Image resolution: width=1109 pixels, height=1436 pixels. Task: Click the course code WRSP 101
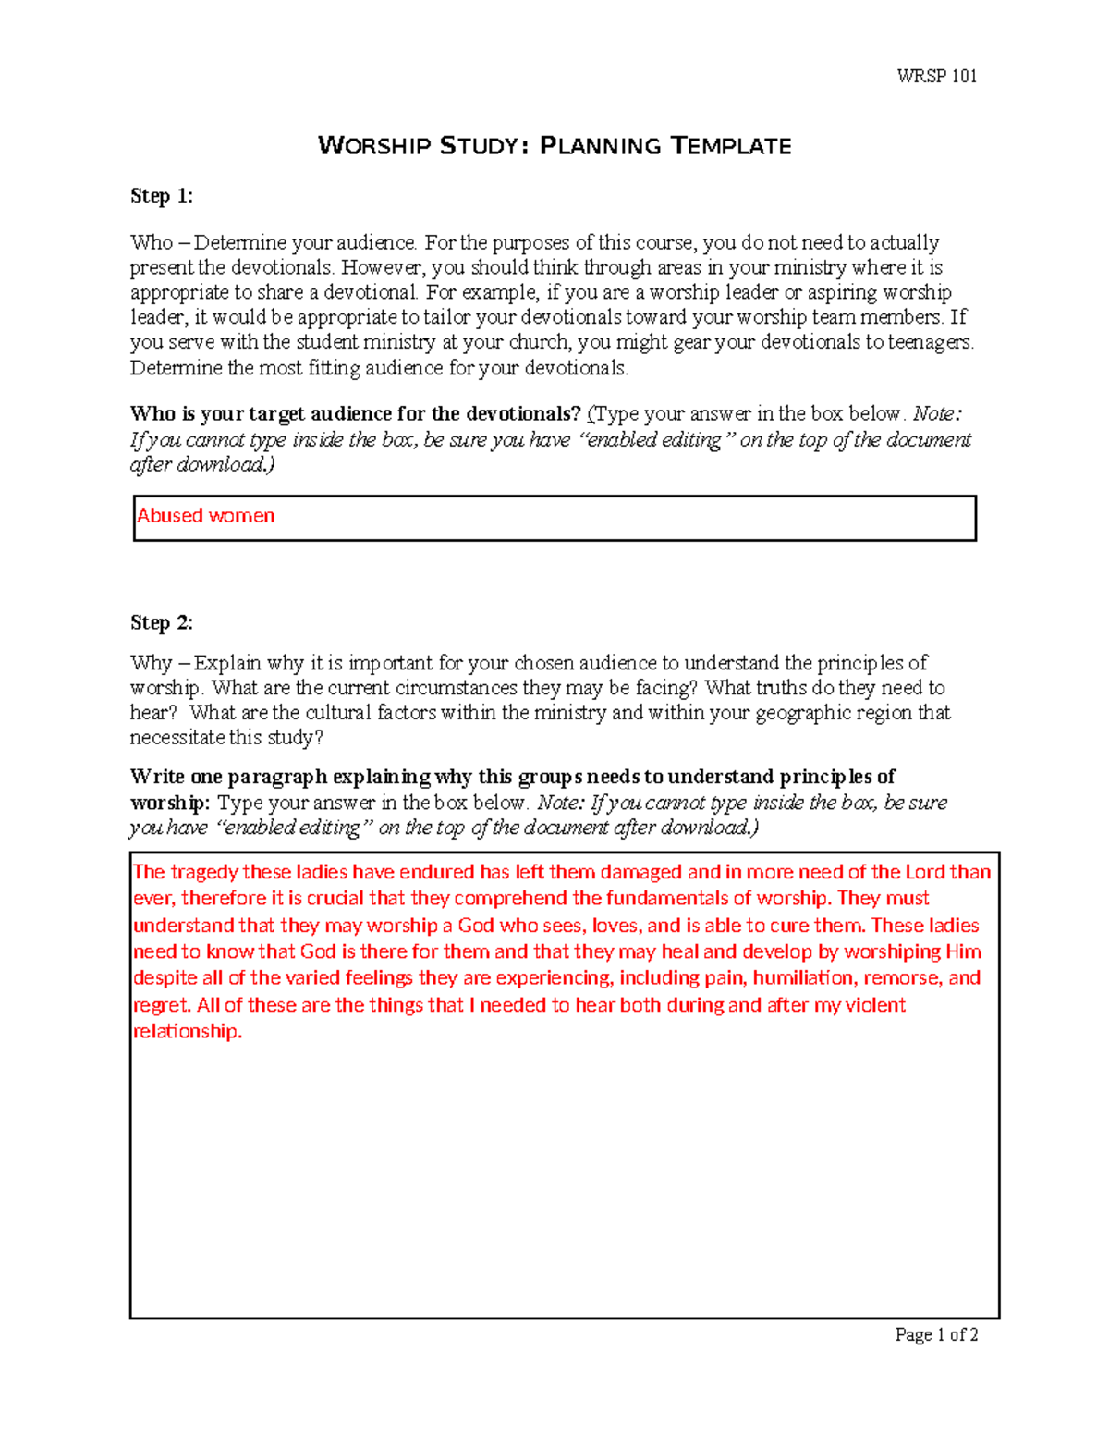[x=936, y=77]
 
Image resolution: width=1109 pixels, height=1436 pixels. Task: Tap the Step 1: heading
[x=162, y=196]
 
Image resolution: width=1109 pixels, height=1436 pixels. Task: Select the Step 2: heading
[x=162, y=622]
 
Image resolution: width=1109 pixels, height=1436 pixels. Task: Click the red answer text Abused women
[x=206, y=516]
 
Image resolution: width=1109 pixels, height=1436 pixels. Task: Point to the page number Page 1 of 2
[x=936, y=1334]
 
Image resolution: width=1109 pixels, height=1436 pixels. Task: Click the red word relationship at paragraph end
[x=187, y=1032]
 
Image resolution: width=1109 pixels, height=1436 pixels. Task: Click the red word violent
[x=873, y=1005]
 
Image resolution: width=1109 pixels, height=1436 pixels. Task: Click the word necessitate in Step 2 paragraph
[x=177, y=738]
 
